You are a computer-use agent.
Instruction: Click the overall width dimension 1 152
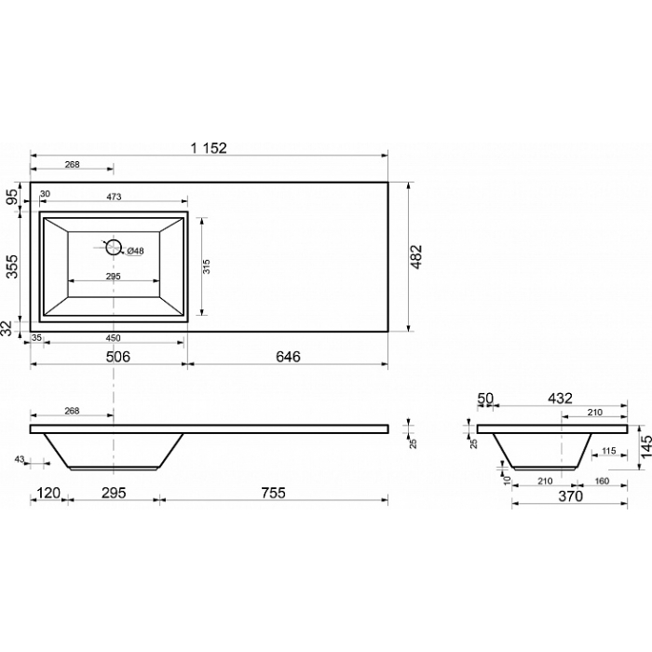coord(209,148)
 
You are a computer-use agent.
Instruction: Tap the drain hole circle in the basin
coord(113,248)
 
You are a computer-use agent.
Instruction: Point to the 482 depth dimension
coord(416,257)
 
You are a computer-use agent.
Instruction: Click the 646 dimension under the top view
coord(288,357)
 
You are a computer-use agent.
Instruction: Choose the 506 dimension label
coord(118,357)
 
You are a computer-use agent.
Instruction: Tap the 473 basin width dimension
coord(114,197)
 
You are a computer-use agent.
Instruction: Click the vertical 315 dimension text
coord(207,266)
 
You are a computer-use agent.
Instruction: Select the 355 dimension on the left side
coord(13,266)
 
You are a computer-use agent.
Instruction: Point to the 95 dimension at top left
coord(13,197)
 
